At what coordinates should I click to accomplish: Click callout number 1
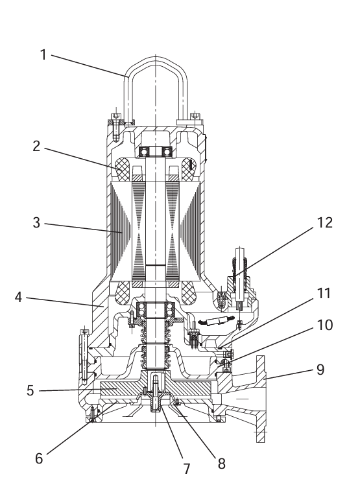click(43, 55)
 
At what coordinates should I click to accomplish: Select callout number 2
click(37, 146)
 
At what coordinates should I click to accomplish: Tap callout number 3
click(37, 223)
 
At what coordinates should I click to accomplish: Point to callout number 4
click(19, 297)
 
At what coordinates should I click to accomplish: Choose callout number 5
click(30, 391)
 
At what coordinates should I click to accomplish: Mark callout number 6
click(39, 458)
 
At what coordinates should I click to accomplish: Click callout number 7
click(187, 469)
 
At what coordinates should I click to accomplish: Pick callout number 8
click(222, 464)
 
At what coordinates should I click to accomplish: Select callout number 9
click(320, 370)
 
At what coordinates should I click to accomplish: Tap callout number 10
click(325, 325)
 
